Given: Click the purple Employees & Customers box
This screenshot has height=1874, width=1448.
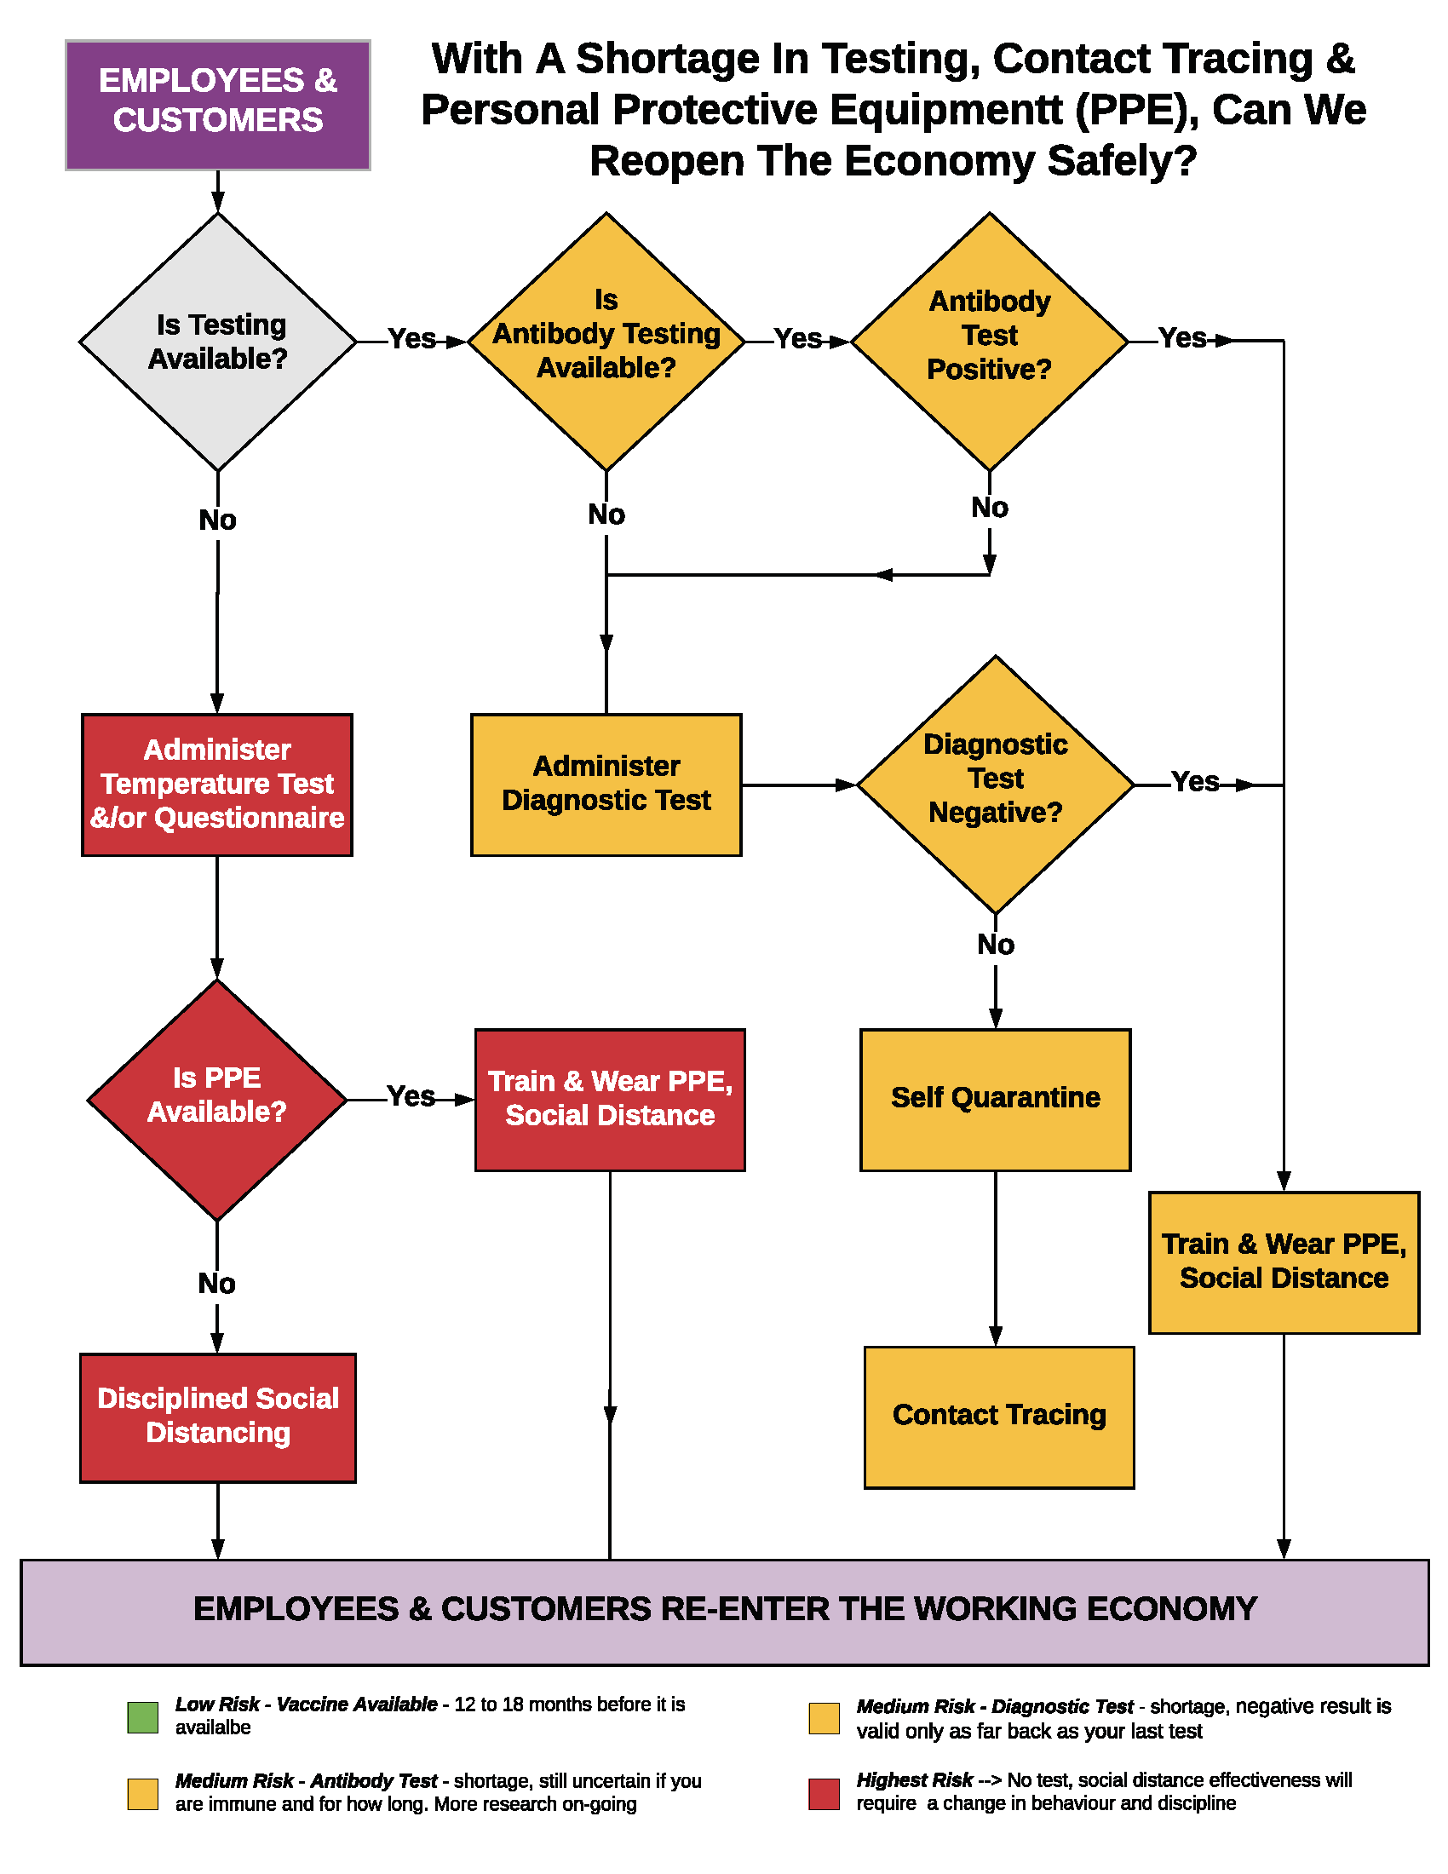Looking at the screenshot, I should (218, 105).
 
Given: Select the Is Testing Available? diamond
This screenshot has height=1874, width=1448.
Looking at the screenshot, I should (218, 342).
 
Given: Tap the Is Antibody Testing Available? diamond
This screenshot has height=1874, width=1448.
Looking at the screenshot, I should (606, 342).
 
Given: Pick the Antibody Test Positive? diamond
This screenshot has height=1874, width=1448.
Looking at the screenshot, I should (989, 342).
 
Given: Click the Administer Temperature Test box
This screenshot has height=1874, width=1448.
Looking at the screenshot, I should (217, 785).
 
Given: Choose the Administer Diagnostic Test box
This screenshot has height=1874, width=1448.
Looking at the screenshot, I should (606, 785).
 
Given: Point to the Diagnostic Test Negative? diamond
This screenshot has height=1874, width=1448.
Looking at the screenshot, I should (995, 785).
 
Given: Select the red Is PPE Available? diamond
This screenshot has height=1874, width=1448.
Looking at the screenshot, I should (217, 1099).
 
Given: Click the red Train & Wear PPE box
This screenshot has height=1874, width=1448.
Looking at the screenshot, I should (610, 1099).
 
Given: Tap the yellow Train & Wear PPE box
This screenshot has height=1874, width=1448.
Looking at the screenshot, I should (1284, 1262).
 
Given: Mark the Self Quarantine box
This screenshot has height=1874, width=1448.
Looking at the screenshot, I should (995, 1099).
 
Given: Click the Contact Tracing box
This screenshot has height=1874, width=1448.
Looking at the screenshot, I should (998, 1417).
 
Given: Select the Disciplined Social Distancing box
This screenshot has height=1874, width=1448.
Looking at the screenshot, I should (218, 1417).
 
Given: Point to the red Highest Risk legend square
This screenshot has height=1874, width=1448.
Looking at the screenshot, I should (824, 1794).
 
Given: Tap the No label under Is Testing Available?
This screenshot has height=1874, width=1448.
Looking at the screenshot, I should (217, 520).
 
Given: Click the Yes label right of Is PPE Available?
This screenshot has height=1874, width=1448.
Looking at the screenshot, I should (411, 1095).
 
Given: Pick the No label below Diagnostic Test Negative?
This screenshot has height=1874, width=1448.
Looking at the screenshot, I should (995, 945).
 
